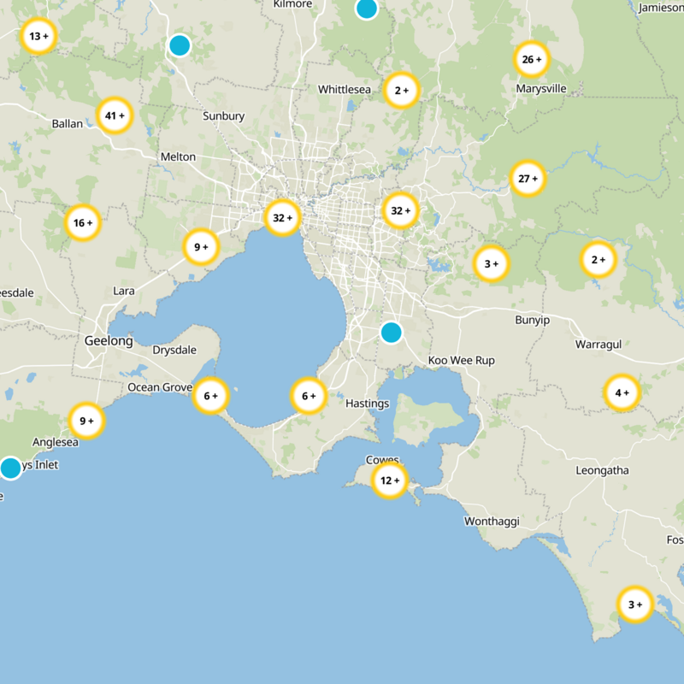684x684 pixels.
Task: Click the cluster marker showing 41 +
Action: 115,115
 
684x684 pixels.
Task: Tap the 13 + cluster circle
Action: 38,37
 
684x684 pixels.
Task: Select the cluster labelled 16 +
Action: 83,223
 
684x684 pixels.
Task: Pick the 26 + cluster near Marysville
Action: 531,59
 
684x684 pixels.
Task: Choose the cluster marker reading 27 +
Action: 528,179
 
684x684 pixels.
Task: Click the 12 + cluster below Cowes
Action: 390,481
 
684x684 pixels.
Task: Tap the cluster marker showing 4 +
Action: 622,393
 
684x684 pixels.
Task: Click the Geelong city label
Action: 109,341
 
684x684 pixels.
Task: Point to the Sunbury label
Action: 224,116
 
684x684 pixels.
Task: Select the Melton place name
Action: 178,157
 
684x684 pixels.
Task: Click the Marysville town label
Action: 541,89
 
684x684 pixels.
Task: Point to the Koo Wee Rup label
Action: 462,361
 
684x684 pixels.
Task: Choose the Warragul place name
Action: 598,344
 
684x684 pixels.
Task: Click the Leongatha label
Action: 602,470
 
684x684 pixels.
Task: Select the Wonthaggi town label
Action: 492,521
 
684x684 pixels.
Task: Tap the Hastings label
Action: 368,404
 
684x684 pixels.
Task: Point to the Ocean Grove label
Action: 160,387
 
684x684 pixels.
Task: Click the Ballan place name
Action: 68,124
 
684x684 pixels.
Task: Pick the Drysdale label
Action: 174,351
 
